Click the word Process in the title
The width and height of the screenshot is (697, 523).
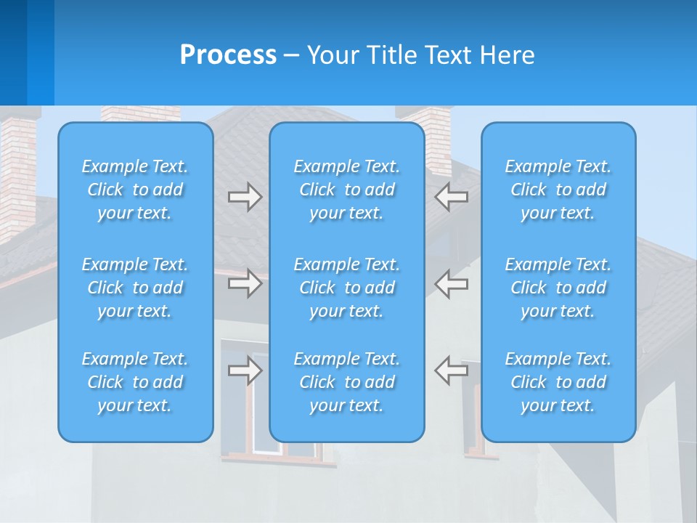tap(228, 55)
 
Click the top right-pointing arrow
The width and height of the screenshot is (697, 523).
tap(245, 197)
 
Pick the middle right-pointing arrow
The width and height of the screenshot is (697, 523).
tap(245, 283)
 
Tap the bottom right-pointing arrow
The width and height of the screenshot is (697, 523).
tap(245, 370)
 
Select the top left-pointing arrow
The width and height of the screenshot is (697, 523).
tap(452, 197)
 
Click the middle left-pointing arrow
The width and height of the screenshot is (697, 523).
tap(452, 283)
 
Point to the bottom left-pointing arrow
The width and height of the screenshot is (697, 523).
tap(452, 370)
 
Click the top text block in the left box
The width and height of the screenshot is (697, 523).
tap(135, 190)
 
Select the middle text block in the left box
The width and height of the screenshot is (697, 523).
tap(135, 288)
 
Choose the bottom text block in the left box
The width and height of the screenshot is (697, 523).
tap(135, 382)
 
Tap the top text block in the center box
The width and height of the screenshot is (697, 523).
tap(346, 190)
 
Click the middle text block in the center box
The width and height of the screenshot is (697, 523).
tap(346, 288)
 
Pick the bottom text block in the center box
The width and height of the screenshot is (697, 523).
tap(346, 382)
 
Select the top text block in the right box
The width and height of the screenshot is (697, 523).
tap(558, 190)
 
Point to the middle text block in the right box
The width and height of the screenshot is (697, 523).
tap(558, 288)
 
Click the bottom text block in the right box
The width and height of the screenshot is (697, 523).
tap(558, 382)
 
